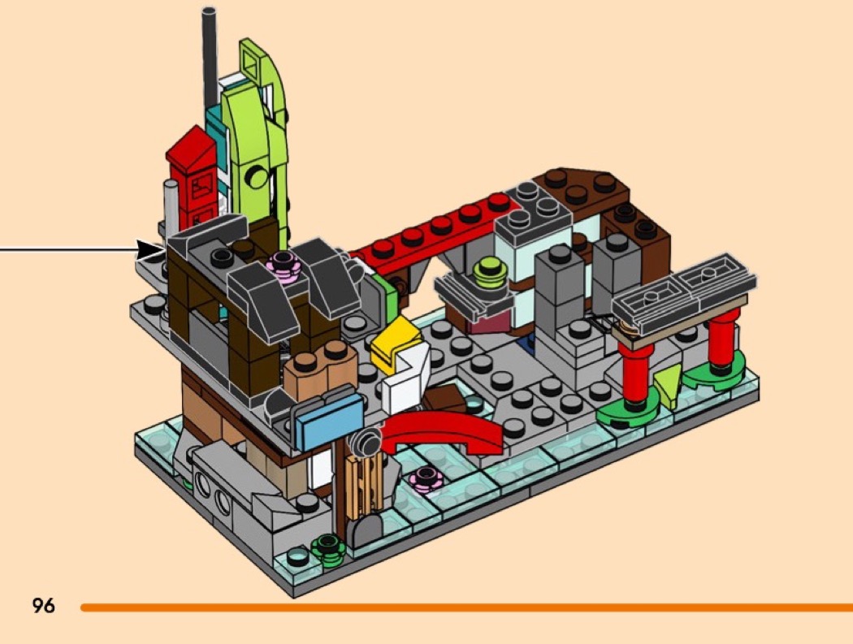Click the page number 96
click(44, 605)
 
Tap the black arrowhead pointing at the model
click(150, 250)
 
